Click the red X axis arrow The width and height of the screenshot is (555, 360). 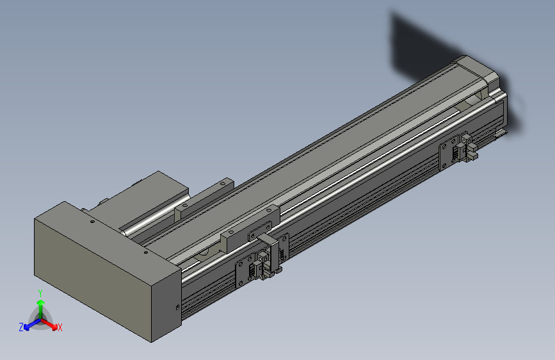pyautogui.click(x=52, y=324)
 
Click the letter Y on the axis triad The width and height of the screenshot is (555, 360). pyautogui.click(x=40, y=292)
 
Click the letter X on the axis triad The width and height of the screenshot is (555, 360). pyautogui.click(x=60, y=327)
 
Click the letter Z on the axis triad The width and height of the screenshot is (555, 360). pyautogui.click(x=21, y=327)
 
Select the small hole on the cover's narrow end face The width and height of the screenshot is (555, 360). pyautogui.click(x=177, y=308)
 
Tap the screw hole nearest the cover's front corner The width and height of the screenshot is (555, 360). pyautogui.click(x=145, y=252)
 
